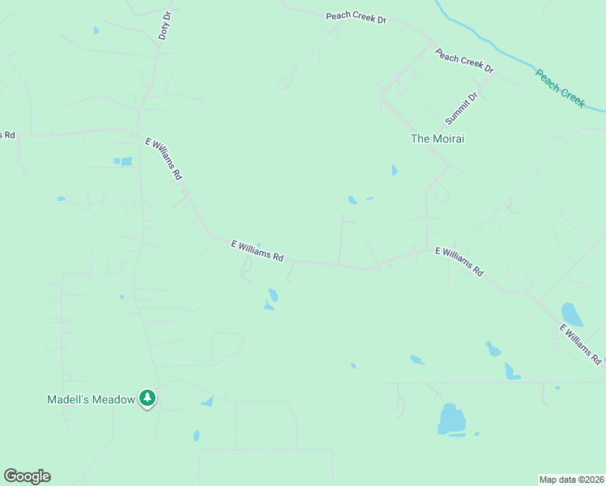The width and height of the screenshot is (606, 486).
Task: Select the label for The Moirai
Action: (x=437, y=139)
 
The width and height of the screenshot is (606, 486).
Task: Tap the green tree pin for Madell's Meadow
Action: (x=147, y=398)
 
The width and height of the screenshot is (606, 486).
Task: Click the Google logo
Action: (x=27, y=476)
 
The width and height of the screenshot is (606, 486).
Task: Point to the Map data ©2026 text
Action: (x=571, y=479)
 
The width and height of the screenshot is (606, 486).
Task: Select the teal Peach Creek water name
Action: (x=560, y=87)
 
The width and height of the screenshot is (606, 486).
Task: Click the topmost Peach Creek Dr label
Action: (x=356, y=17)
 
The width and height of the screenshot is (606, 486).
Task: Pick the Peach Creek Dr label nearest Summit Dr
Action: (x=464, y=62)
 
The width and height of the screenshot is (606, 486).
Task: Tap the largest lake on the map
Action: (x=451, y=420)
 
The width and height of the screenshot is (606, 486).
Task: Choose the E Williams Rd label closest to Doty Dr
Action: (x=164, y=159)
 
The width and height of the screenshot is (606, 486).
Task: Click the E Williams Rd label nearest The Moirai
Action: (x=459, y=262)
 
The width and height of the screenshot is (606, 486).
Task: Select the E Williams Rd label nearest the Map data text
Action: (x=580, y=343)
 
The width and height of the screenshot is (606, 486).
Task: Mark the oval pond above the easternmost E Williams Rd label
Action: (x=571, y=313)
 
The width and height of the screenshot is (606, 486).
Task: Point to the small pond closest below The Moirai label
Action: (x=395, y=170)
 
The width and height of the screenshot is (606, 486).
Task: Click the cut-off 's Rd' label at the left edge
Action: (x=7, y=134)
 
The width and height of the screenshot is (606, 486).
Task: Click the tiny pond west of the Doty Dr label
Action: (x=96, y=31)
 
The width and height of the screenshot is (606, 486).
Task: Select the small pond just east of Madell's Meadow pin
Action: (x=207, y=401)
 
